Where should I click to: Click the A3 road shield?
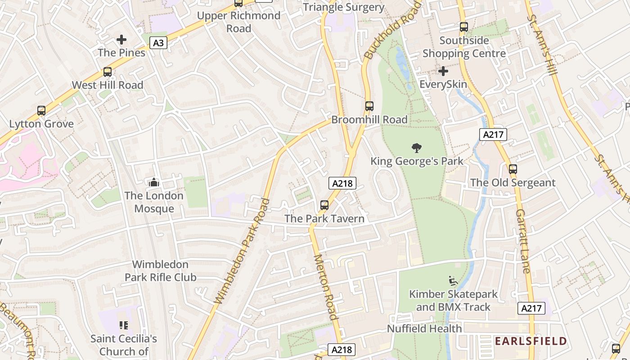point(158,43)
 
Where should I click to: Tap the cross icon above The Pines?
point(121,40)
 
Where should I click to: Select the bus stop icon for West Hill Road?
point(107,72)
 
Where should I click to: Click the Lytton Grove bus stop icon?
point(41,111)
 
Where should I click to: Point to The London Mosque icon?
point(154,182)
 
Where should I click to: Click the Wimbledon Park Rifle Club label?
point(160,271)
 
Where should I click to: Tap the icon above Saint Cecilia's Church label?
point(124,325)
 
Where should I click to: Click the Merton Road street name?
point(325,287)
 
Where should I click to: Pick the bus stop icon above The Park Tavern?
point(324,205)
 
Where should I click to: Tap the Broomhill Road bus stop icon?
point(369,106)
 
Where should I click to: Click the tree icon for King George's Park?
point(417,148)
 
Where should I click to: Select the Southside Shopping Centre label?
point(464,47)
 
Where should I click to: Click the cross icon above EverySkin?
point(443,71)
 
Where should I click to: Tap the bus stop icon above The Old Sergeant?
point(513,169)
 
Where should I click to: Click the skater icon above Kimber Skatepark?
point(453,281)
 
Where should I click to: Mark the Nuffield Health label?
point(424,329)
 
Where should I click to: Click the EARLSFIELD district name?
point(531,341)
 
